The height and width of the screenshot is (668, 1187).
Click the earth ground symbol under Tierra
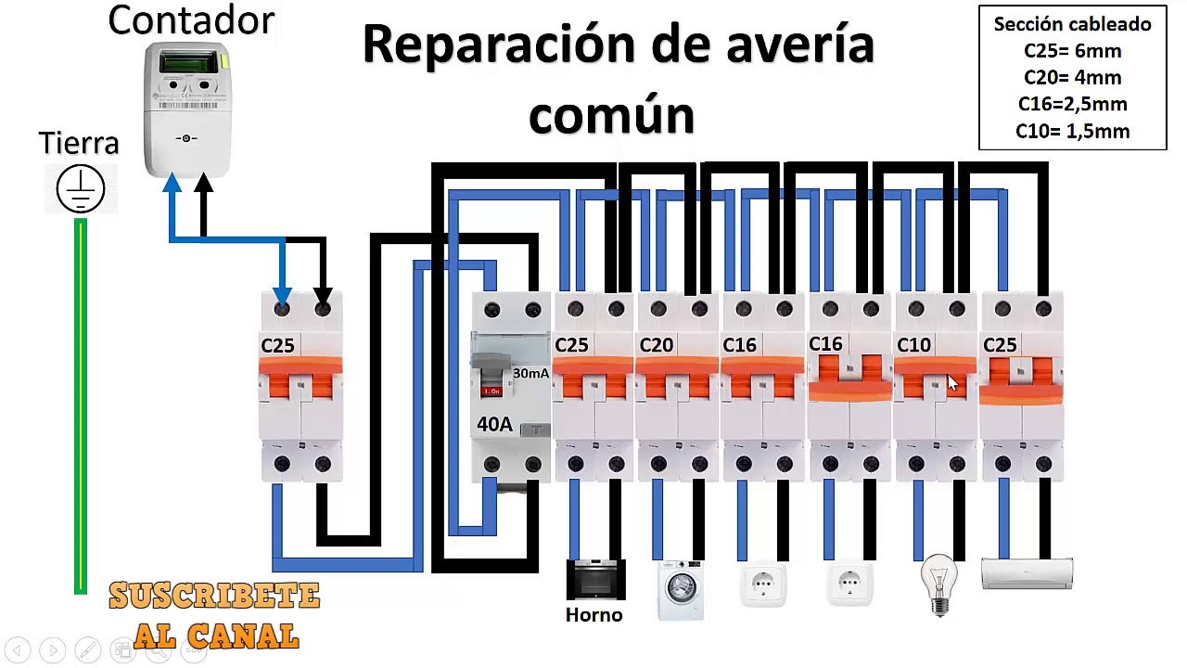[81, 188]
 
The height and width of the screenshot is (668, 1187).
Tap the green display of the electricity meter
[188, 62]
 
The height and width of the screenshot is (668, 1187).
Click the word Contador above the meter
[191, 20]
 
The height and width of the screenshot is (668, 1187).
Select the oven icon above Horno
[595, 580]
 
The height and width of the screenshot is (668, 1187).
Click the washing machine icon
[681, 590]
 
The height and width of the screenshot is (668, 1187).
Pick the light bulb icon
[939, 584]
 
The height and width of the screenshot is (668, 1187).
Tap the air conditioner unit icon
[1027, 573]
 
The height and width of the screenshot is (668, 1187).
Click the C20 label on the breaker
[656, 345]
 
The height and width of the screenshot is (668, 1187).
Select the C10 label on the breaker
[913, 345]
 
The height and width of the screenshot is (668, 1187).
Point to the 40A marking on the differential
[494, 424]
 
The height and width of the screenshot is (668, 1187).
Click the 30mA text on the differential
[530, 373]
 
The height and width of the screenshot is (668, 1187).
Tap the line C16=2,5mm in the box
[1073, 104]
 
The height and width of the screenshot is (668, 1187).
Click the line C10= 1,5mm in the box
[1073, 131]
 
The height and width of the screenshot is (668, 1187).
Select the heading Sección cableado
[1073, 24]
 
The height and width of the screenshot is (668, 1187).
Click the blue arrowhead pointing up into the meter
[172, 183]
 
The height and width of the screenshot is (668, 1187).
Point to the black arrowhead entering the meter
[203, 183]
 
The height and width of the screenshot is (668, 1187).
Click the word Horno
[594, 615]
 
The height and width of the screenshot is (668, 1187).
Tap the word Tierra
[79, 143]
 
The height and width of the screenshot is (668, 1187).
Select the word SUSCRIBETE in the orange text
[214, 596]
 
